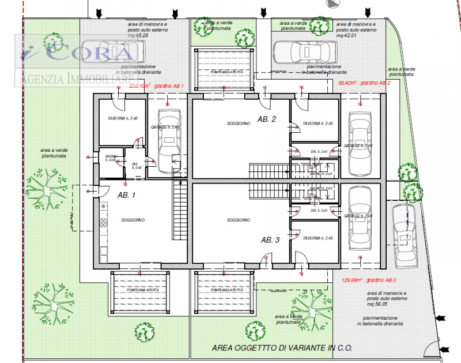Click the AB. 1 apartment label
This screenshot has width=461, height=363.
(x=126, y=195)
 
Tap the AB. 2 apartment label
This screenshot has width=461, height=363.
(x=267, y=119)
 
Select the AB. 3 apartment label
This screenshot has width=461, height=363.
(x=270, y=240)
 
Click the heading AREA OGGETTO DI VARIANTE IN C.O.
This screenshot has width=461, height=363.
(x=282, y=349)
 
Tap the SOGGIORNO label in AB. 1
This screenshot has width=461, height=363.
(x=133, y=220)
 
